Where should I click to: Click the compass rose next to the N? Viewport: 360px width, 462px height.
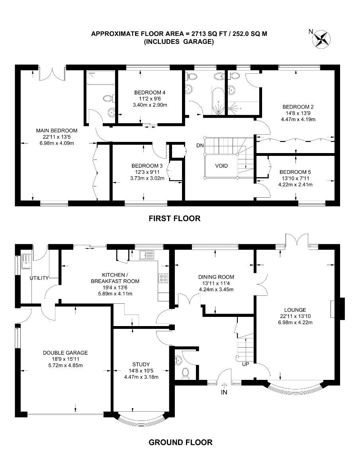click(322, 39)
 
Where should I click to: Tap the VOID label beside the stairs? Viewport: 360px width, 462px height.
click(221, 166)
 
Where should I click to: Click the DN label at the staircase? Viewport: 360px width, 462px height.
click(200, 145)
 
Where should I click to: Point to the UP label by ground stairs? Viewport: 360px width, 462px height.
click(245, 364)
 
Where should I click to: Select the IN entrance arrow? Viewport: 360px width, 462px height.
click(224, 385)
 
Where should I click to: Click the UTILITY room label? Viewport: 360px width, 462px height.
click(39, 278)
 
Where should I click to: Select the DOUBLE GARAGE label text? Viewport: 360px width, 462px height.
click(65, 353)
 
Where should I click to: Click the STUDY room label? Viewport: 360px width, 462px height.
click(141, 364)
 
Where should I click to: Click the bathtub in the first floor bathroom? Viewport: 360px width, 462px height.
click(218, 101)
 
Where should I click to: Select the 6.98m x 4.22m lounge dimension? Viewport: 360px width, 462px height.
click(295, 322)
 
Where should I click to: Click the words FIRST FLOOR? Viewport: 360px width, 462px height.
click(174, 218)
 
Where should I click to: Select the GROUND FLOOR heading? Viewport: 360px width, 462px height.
click(180, 442)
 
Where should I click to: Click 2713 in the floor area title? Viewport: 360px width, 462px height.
click(198, 33)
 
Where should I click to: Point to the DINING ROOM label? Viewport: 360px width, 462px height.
click(216, 277)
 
